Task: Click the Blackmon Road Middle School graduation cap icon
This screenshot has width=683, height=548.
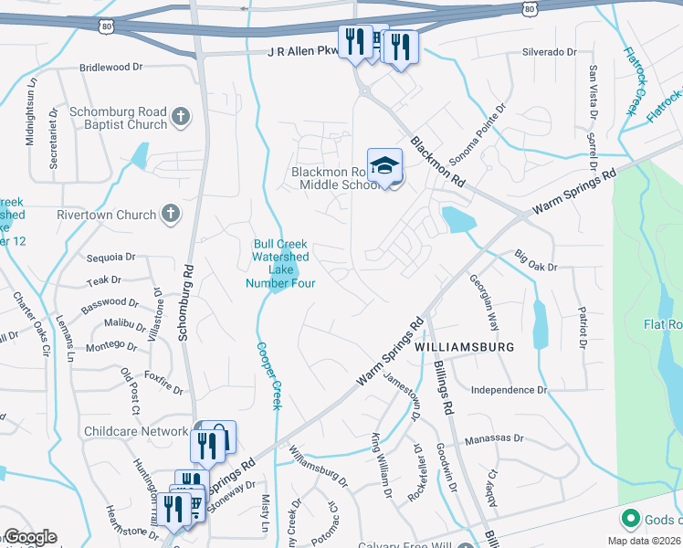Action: pyautogui.click(x=385, y=165)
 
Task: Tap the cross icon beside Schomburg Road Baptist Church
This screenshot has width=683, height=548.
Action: pyautogui.click(x=181, y=116)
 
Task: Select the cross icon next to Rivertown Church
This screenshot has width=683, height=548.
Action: pyautogui.click(x=169, y=215)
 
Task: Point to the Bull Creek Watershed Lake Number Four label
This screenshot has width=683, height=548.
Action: pyautogui.click(x=280, y=264)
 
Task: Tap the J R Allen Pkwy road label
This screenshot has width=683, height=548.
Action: pyautogui.click(x=301, y=54)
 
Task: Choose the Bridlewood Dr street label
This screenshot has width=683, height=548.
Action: pyautogui.click(x=112, y=67)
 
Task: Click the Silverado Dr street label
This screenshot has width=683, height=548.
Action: pyautogui.click(x=550, y=52)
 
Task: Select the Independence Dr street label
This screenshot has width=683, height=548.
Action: pyautogui.click(x=509, y=390)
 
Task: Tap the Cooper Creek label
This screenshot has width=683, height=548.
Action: pyautogui.click(x=268, y=374)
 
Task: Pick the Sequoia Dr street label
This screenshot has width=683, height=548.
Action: pyautogui.click(x=110, y=258)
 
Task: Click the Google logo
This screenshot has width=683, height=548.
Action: pyautogui.click(x=29, y=537)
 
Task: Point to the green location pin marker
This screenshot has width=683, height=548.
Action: pyautogui.click(x=629, y=520)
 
